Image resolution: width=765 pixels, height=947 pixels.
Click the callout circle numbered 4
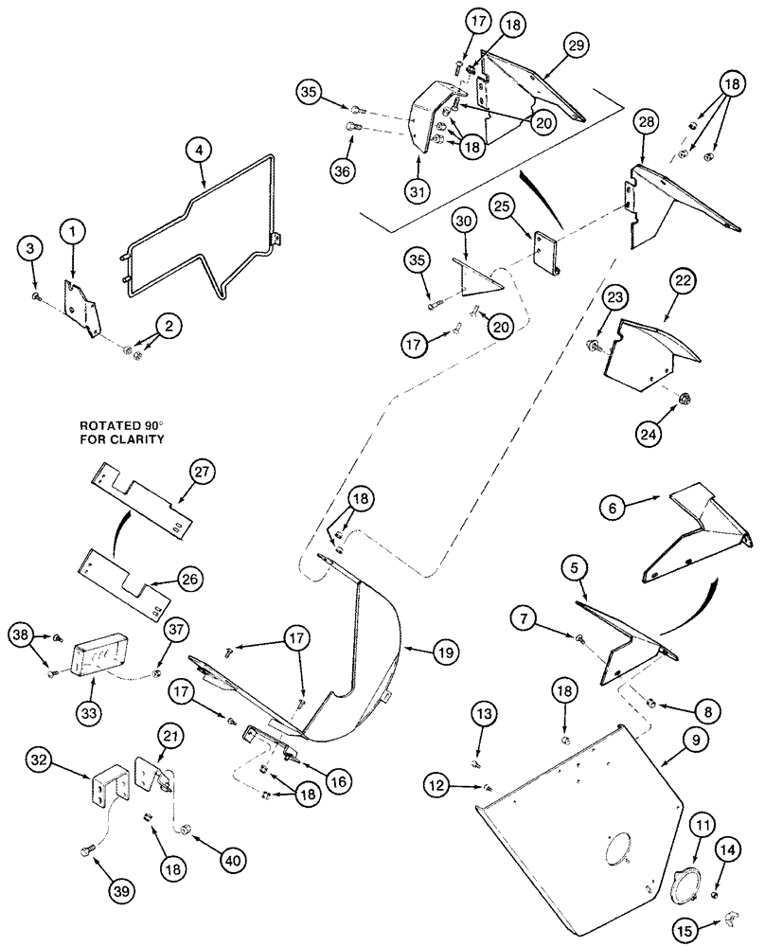[200, 150]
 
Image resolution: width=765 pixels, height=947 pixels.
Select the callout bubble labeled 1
[72, 230]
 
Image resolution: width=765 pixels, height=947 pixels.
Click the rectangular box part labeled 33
[101, 652]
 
